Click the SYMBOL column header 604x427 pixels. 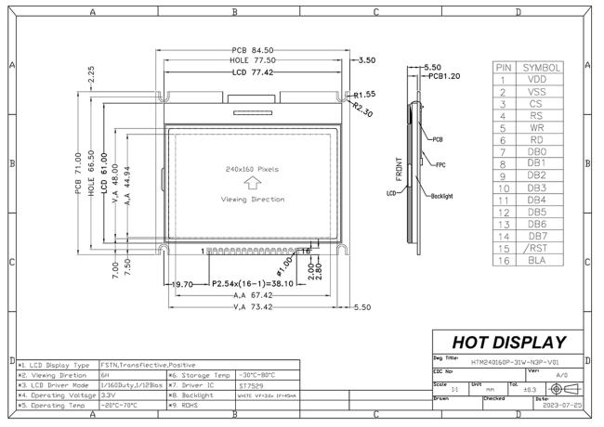(x=541, y=68)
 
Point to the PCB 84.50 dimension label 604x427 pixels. (x=252, y=50)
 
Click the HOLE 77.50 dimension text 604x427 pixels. (x=252, y=60)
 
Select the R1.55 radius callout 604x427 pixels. (x=363, y=95)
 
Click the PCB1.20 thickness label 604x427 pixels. (x=441, y=77)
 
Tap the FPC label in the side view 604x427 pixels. (x=440, y=164)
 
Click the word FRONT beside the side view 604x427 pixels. (x=399, y=165)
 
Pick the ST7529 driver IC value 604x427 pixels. (x=251, y=385)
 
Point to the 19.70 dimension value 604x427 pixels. (x=180, y=284)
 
